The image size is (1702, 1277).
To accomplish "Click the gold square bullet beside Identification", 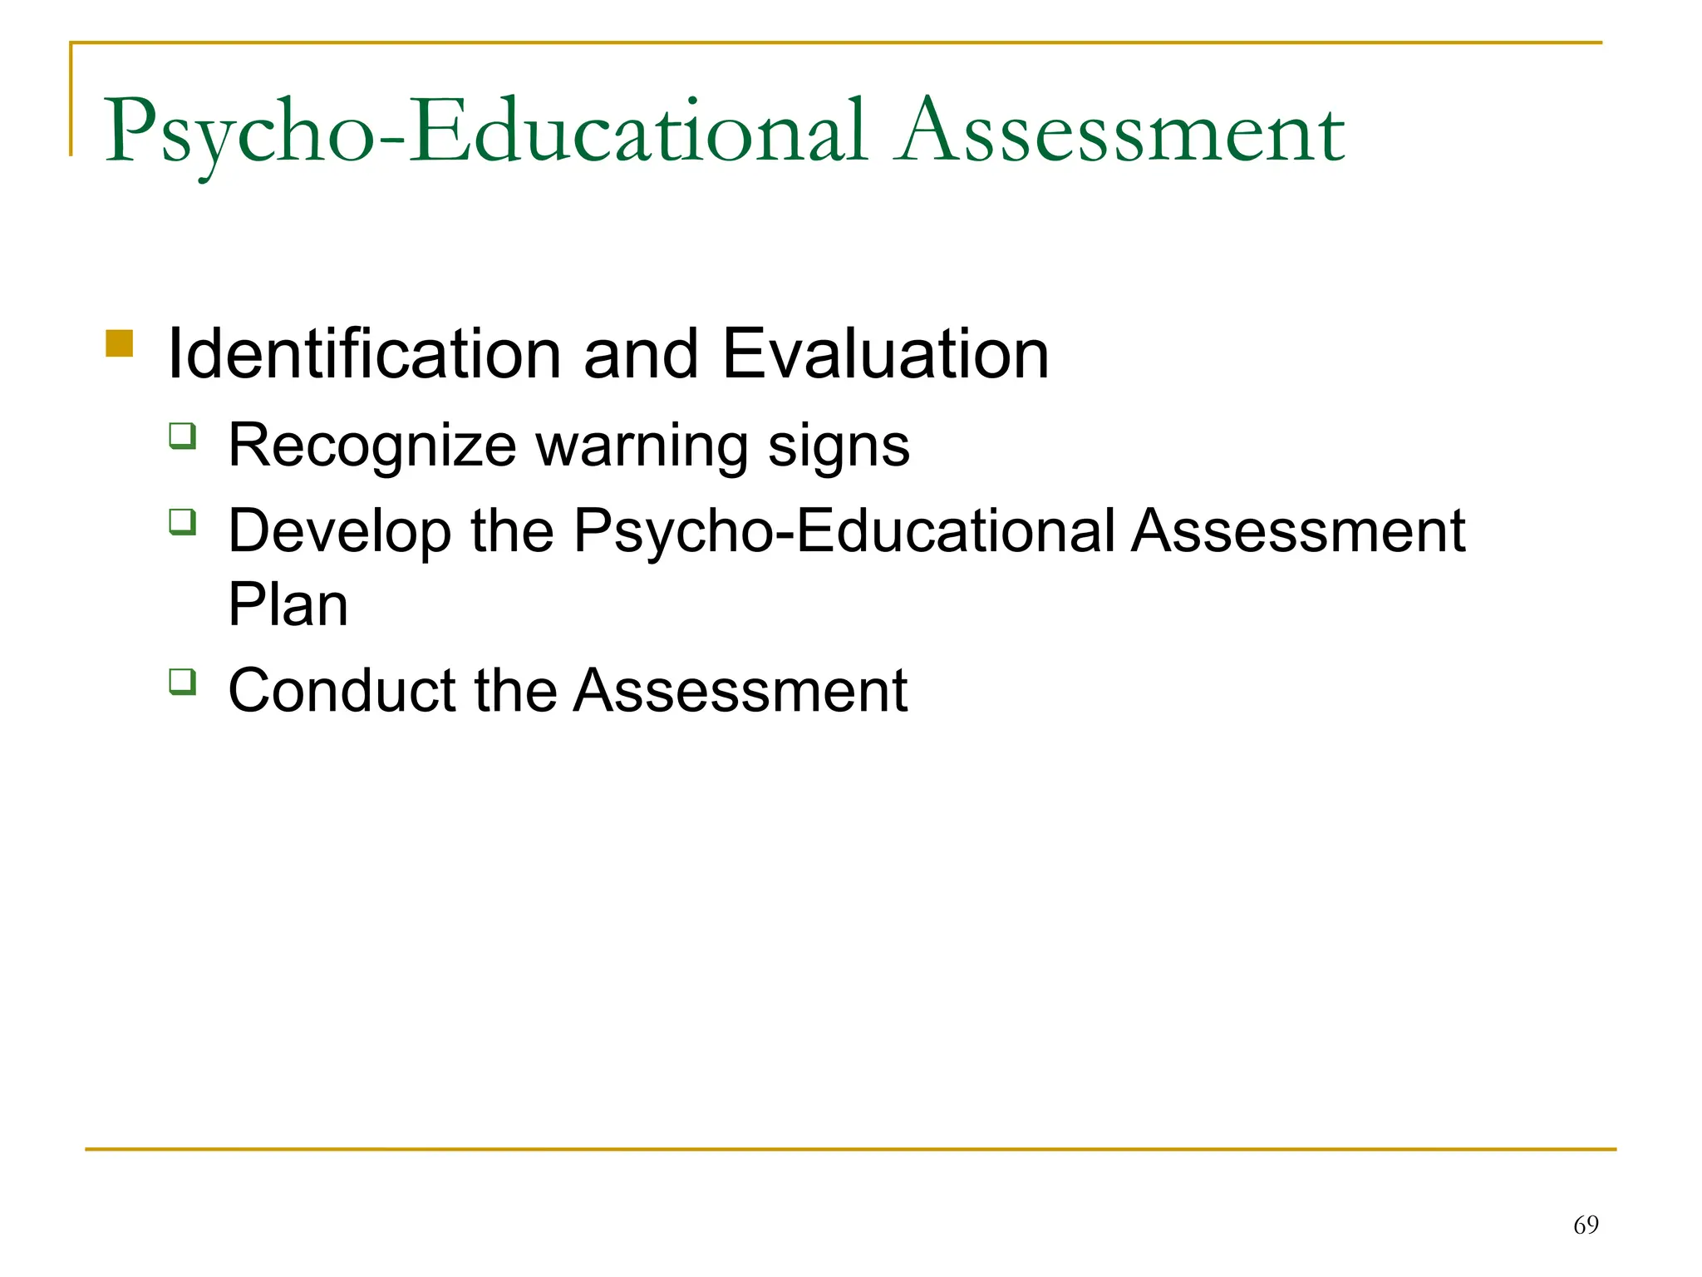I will pos(120,343).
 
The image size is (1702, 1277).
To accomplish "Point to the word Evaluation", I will pos(886,354).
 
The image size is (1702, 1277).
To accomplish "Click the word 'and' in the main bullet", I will pos(640,356).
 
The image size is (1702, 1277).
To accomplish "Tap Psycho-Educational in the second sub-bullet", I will pos(844,532).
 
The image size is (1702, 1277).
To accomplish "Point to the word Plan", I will pos(288,605).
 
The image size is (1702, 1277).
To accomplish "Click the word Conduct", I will pos(342,691).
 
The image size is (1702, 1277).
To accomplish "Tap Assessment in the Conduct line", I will pos(741,691).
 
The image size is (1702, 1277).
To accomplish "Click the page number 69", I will pos(1586,1225).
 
